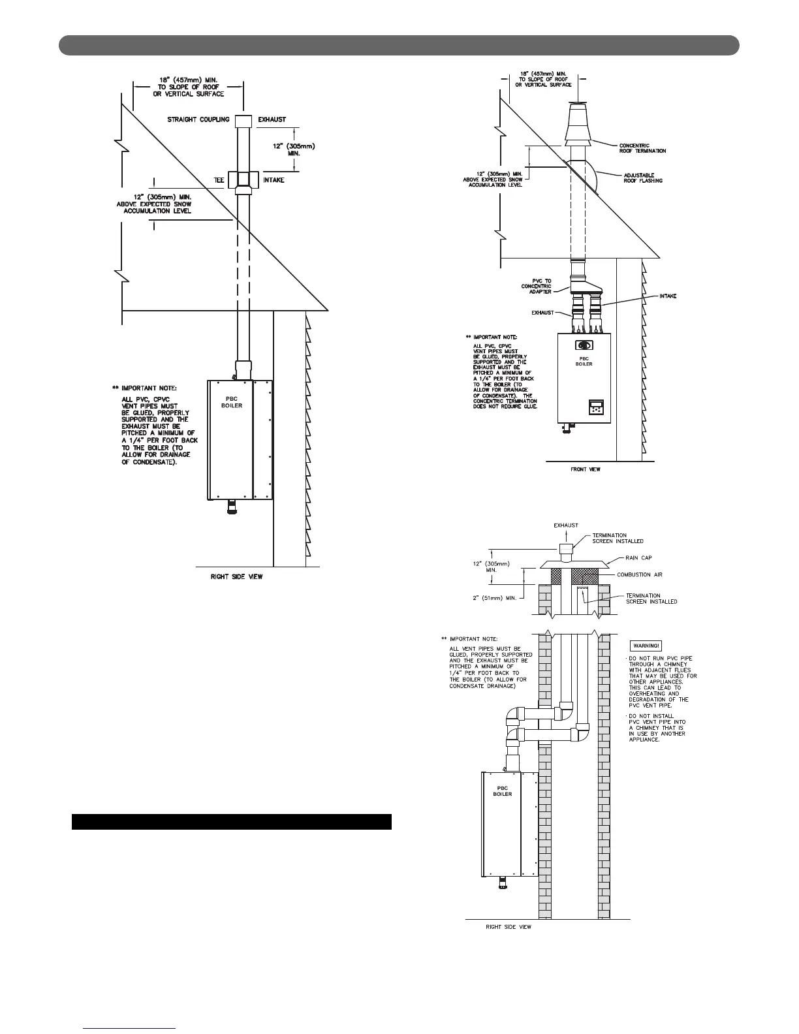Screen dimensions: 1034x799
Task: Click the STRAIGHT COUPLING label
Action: pos(198,119)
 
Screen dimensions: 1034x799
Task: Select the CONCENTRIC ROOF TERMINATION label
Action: pos(642,148)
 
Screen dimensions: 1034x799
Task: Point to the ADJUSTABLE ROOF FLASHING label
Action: pos(643,178)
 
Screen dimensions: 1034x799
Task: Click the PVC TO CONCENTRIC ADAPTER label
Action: pos(536,286)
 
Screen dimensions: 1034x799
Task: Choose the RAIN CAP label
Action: pos(639,558)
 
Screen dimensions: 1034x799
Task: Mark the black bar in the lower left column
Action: pos(231,821)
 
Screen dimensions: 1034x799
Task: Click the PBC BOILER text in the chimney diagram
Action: pos(502,791)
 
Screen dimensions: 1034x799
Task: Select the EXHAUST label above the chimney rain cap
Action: pos(565,525)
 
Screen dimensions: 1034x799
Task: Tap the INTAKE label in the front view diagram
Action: pos(667,296)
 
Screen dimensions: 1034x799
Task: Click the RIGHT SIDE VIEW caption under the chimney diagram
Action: pos(509,927)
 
